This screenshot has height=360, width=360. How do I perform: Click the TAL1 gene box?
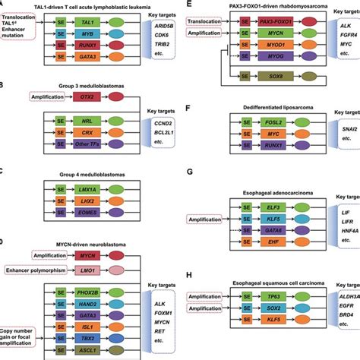click(87, 24)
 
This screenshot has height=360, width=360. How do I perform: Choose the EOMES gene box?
click(87, 214)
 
